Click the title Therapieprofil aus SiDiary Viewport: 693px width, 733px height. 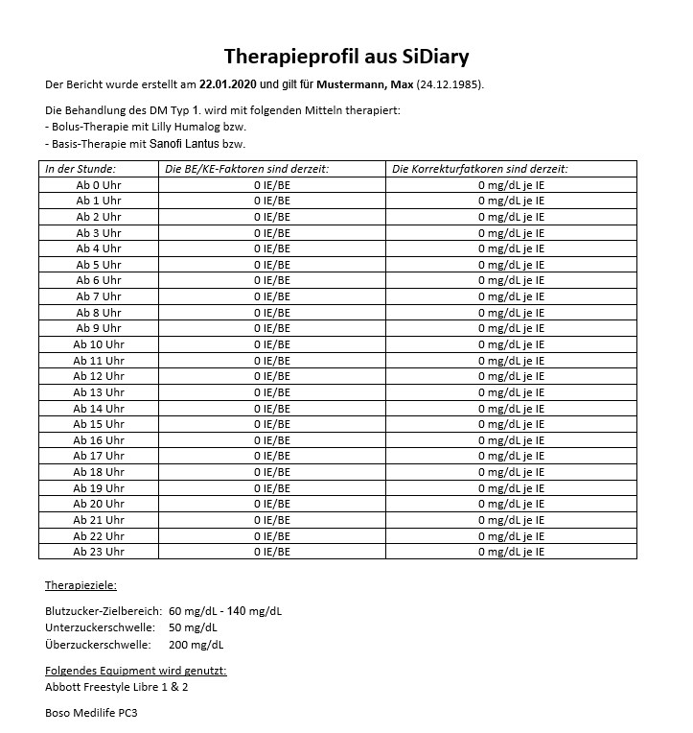346,56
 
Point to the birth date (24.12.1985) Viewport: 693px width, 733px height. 450,83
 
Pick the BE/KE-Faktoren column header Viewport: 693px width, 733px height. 247,169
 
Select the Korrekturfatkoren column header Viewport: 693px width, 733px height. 480,169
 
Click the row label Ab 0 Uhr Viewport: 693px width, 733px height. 99,185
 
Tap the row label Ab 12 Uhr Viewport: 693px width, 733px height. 99,376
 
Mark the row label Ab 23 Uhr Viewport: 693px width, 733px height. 99,552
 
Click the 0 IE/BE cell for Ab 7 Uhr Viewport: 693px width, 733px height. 272,296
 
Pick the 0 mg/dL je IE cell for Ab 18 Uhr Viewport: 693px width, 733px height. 511,472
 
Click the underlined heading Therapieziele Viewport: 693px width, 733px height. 81,585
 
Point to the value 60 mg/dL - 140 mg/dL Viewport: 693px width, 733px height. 224,611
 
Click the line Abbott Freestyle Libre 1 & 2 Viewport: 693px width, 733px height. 117,687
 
